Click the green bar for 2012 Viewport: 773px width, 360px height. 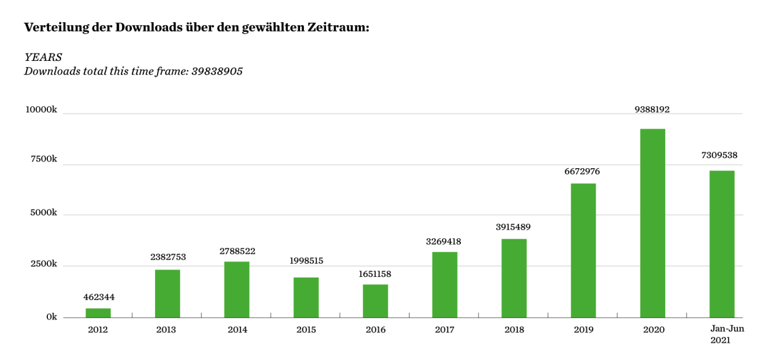(98, 313)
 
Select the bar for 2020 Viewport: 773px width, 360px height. (653, 223)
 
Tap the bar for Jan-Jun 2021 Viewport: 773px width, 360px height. (722, 244)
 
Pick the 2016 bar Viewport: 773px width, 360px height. (375, 301)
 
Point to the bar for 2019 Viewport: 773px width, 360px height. (583, 250)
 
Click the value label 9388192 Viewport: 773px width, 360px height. (652, 110)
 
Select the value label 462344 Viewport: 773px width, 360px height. (99, 297)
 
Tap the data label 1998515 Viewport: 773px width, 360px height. (306, 261)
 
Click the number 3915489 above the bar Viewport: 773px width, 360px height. (513, 227)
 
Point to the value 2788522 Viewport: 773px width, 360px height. (237, 251)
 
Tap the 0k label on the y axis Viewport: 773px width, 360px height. (51, 317)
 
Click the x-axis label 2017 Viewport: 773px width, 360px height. (444, 330)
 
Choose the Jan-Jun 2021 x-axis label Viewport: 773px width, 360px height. (727, 334)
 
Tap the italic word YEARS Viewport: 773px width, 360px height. (43, 57)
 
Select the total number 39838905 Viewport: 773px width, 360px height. (217, 71)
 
